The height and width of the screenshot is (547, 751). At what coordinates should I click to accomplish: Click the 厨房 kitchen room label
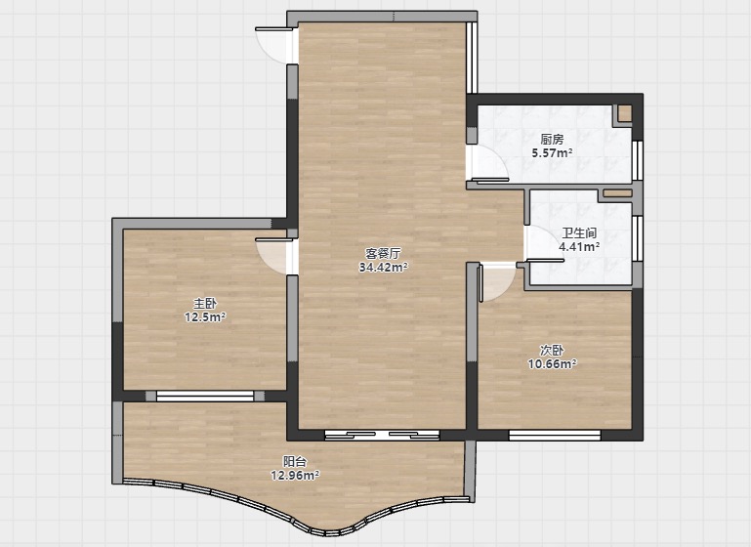coord(552,140)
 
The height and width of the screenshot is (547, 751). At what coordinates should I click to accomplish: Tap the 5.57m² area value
coord(552,153)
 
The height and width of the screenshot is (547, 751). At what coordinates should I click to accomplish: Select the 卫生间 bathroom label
coord(579,233)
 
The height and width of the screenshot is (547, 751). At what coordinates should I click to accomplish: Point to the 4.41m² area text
coord(579,247)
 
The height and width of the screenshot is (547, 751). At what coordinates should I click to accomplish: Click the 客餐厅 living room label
coord(383,253)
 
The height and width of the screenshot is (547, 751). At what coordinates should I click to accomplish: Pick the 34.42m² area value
coord(383,267)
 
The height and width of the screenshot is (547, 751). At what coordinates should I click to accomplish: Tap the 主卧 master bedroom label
coord(205,303)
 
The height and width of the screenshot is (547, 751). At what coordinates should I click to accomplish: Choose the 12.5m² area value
coord(205,316)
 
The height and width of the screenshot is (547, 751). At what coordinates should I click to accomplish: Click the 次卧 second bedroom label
coord(552,350)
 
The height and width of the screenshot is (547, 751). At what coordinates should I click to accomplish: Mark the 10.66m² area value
coord(552,364)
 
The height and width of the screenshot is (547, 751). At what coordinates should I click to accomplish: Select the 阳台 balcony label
coord(295,462)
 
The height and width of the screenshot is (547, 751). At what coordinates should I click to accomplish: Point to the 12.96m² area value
coord(295,475)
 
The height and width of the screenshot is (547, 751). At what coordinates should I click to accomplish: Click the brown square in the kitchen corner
coord(624,113)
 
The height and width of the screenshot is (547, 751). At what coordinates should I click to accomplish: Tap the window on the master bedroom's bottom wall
coord(205,396)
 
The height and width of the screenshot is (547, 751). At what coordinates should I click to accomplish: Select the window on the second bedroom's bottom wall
coord(555,435)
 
